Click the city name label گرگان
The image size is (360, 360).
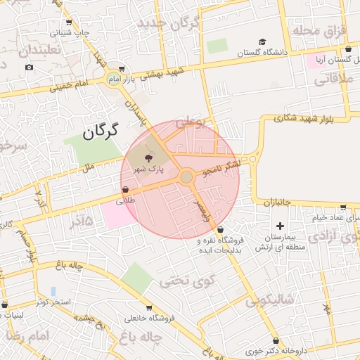tap(100, 131)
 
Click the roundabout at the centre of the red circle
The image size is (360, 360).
tap(186, 177)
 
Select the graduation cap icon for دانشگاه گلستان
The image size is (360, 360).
tap(262, 42)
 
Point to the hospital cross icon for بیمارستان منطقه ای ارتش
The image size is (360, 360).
tap(281, 226)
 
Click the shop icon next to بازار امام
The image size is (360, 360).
tap(122, 69)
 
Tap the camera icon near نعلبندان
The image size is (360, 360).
tap(29, 67)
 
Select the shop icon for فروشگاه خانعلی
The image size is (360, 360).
tap(149, 307)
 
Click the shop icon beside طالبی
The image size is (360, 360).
tap(125, 189)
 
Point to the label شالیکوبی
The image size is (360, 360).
tap(273, 301)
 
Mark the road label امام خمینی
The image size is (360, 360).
tap(68, 86)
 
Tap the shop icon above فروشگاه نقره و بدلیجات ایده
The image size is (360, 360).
tap(221, 229)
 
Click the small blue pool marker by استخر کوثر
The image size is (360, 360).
tap(53, 291)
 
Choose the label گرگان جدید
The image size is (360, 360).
tap(169, 23)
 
